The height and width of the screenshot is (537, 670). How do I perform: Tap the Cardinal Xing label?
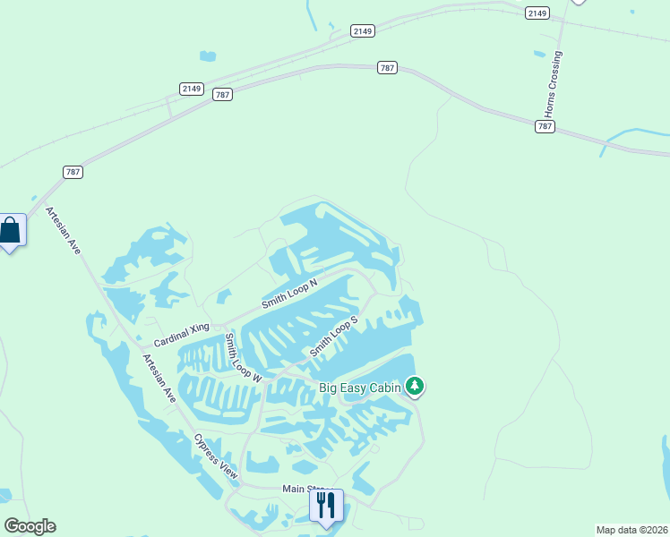pos(181,335)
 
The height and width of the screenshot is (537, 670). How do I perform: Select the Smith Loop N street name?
pos(289,294)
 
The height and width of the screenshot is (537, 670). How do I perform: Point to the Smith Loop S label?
pos(334,336)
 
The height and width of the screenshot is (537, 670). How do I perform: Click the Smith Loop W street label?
pos(243,358)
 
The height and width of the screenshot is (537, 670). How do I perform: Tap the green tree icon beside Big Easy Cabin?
pos(414,387)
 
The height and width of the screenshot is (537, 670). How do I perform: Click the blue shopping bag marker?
pos(10,231)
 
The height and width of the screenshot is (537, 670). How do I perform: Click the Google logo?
pos(30,526)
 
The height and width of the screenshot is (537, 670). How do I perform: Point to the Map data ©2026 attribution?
pos(631,529)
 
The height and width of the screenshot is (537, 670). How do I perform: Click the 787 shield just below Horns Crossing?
pos(545,126)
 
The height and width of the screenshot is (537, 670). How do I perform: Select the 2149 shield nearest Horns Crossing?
pos(537,13)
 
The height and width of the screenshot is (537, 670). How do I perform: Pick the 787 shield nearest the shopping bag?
pos(73,171)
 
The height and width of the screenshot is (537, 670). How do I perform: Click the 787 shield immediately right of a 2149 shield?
pos(223,94)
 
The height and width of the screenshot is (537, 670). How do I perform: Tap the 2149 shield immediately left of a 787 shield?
pos(191,88)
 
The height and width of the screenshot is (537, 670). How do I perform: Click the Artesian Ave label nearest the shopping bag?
pos(63,231)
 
